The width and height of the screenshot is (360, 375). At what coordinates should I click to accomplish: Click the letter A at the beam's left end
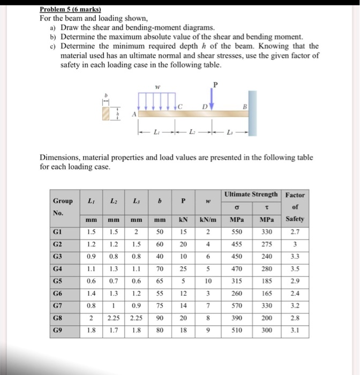[135, 114]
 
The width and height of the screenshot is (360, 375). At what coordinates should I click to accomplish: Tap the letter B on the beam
[246, 106]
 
